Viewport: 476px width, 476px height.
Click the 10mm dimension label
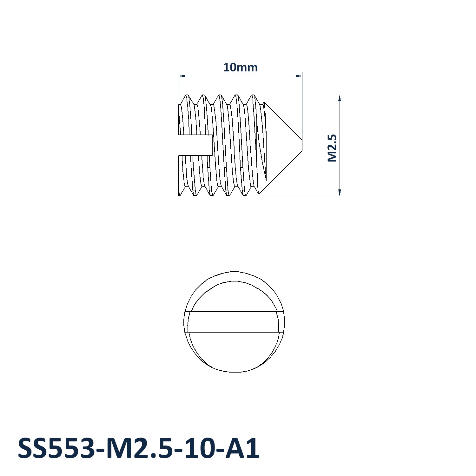(x=240, y=67)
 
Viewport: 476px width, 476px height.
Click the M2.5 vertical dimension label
(x=332, y=148)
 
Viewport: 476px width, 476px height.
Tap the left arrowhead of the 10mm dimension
(x=182, y=76)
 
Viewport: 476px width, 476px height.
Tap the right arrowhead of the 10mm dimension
(x=299, y=76)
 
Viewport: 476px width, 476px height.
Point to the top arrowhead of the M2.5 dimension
(x=340, y=98)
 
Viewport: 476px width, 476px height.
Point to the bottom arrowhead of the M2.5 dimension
(x=340, y=192)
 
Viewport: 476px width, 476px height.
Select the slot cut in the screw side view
(x=195, y=145)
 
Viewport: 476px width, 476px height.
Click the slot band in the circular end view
(x=234, y=322)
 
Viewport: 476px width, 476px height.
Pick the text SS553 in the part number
(x=56, y=448)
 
